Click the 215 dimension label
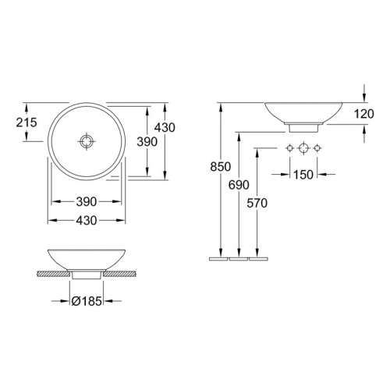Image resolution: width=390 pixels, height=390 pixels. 27,122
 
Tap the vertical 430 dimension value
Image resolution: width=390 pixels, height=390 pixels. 165,127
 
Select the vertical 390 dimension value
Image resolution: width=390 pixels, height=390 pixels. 147,142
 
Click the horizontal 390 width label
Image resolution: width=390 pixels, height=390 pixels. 87,201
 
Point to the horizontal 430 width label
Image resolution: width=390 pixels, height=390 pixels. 87,221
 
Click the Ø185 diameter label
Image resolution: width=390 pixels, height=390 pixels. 87,301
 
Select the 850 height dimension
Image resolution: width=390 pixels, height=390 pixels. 221,167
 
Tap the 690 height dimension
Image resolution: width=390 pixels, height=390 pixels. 239,185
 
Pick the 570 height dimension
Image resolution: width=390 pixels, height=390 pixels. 257,203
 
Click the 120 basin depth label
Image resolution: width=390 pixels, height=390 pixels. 364,114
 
